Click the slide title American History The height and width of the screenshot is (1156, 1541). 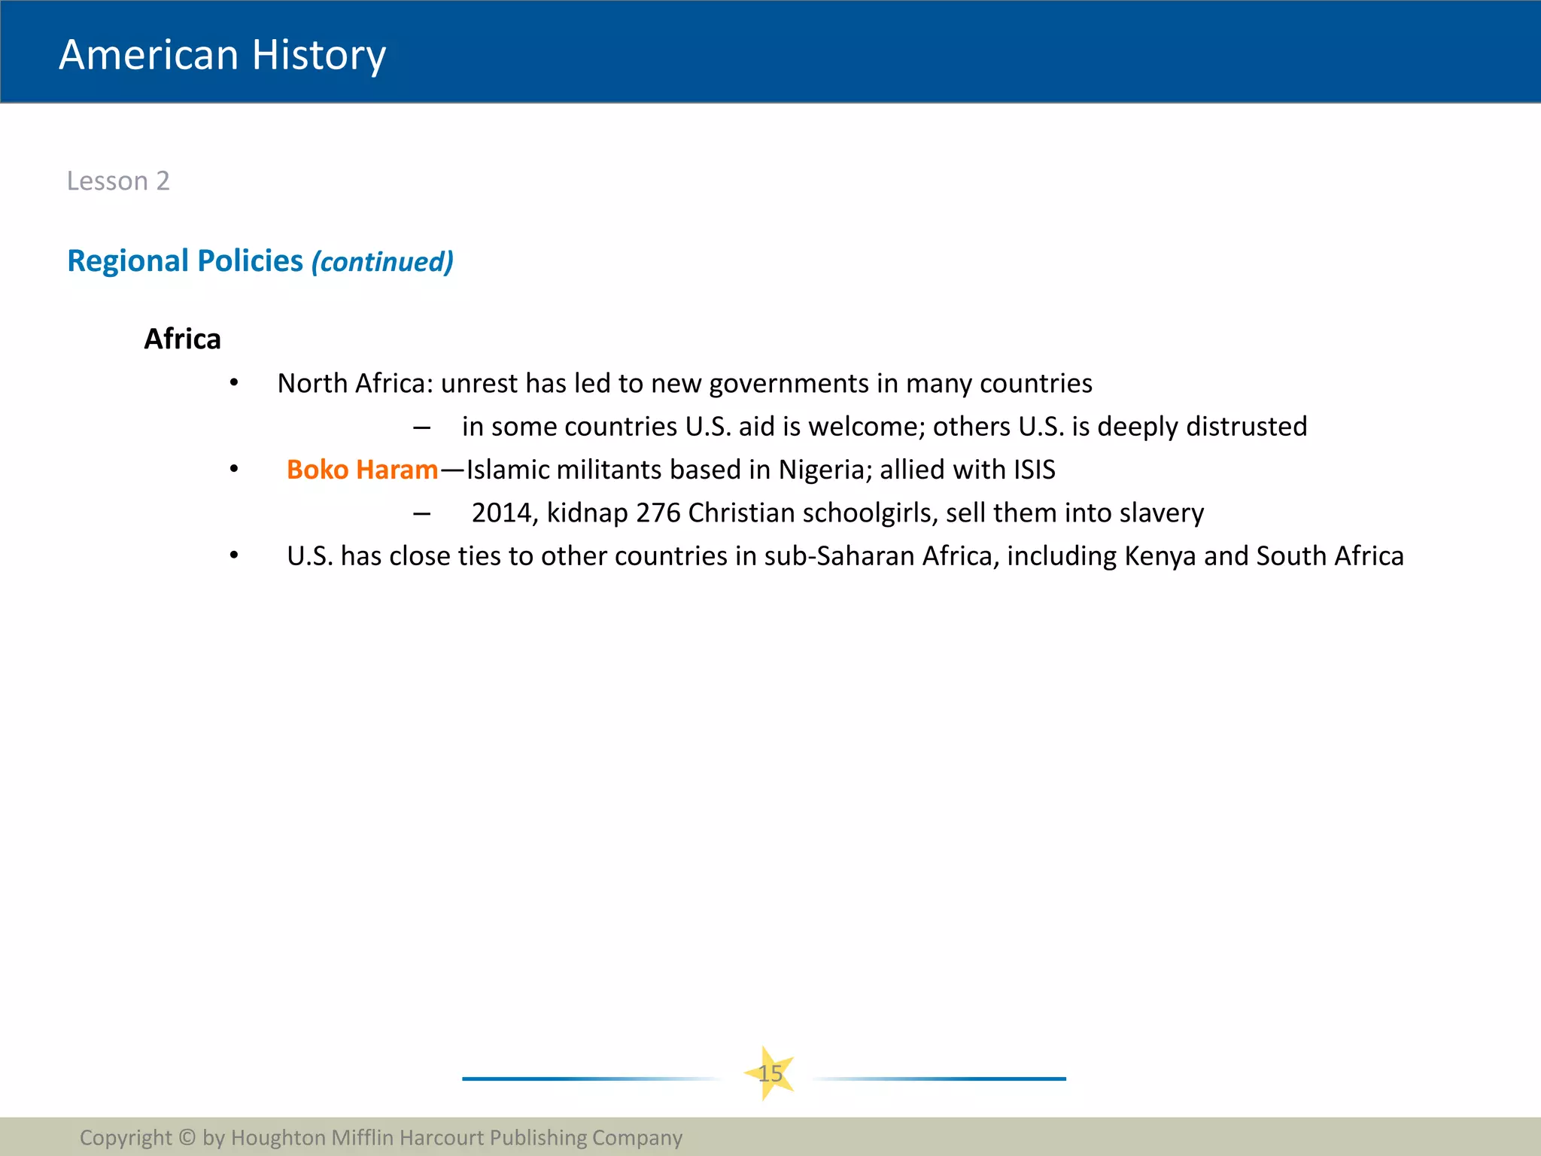click(x=222, y=55)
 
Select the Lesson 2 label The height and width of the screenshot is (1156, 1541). click(x=118, y=181)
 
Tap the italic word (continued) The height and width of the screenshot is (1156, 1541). click(x=382, y=262)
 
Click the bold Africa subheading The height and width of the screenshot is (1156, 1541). click(x=182, y=339)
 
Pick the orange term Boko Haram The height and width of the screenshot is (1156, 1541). click(x=362, y=470)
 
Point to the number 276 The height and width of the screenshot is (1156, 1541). click(x=658, y=513)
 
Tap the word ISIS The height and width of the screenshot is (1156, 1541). click(x=1034, y=470)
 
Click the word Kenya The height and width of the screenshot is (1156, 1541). click(x=1160, y=556)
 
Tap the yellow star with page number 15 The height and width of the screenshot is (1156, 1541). click(x=770, y=1073)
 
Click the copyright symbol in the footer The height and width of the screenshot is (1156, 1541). click(x=187, y=1137)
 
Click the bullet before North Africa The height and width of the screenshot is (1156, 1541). click(x=234, y=384)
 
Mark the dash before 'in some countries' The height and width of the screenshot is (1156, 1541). click(x=421, y=427)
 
